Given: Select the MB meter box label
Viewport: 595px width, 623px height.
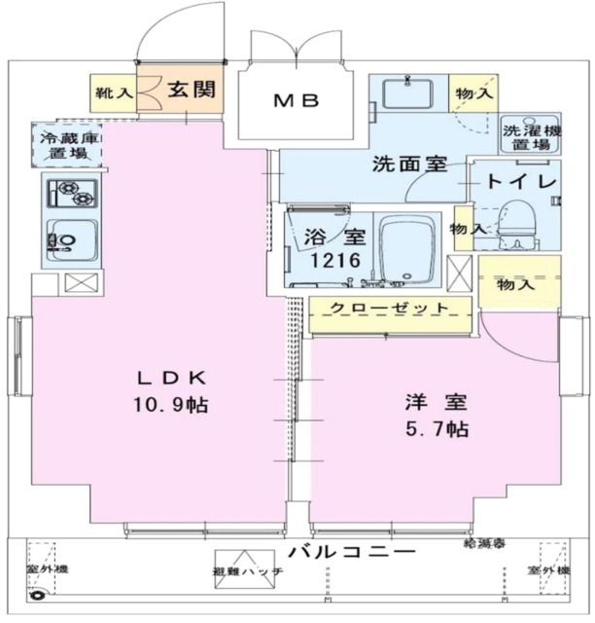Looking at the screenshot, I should tap(296, 100).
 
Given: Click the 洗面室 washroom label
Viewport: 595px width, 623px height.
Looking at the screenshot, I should tap(408, 165).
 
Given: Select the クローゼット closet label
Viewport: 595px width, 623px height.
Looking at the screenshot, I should tap(389, 309).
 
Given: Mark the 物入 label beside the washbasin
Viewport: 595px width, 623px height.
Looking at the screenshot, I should tap(473, 93).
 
